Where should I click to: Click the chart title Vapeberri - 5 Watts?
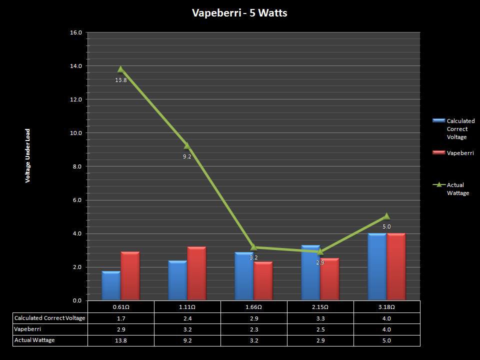click(239, 13)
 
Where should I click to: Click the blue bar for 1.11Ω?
click(177, 280)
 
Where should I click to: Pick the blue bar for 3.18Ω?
click(377, 267)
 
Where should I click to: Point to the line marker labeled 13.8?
click(120, 69)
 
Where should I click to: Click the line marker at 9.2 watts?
click(187, 146)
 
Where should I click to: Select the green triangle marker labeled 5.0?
click(386, 216)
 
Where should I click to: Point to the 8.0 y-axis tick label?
click(77, 166)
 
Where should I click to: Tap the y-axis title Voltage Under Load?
click(28, 155)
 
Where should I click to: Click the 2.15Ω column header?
click(320, 307)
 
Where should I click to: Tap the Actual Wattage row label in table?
click(35, 340)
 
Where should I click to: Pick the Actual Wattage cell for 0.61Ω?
click(120, 340)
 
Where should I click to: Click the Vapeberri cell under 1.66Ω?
click(253, 329)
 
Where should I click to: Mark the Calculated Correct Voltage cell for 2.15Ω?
click(320, 318)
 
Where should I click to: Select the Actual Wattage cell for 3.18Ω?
click(386, 340)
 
